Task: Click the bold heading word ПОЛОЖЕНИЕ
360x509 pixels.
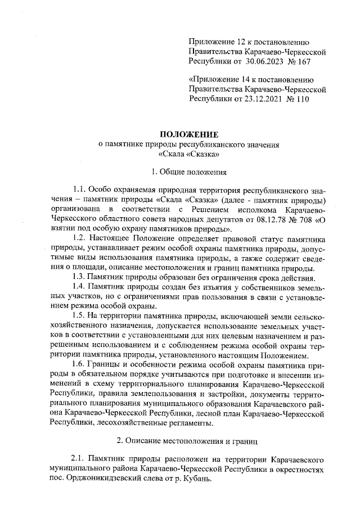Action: tap(189, 134)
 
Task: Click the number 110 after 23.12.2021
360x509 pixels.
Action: tap(300, 99)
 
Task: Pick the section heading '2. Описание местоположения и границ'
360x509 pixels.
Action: tap(189, 439)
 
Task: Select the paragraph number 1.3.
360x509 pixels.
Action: tap(80, 277)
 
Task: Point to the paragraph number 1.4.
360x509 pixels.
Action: tap(80, 287)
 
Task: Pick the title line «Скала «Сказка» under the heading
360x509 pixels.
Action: tap(189, 154)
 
